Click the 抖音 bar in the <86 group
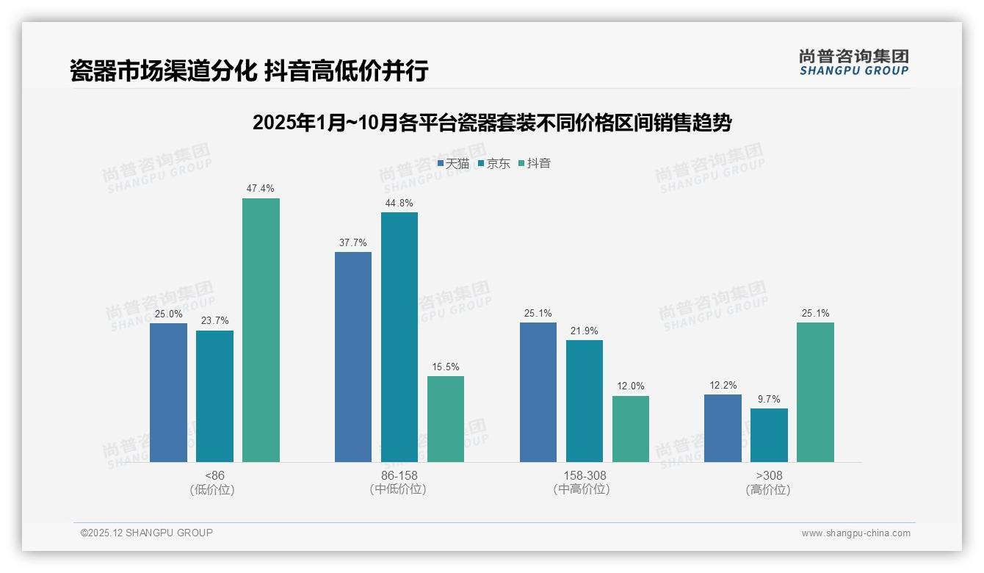click(x=261, y=330)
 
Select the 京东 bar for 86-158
click(x=399, y=337)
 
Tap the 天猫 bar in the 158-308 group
click(x=538, y=392)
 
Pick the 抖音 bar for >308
click(x=815, y=392)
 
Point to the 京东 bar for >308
click(x=769, y=435)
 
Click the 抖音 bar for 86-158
click(x=446, y=419)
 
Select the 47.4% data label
click(x=261, y=189)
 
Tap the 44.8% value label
click(x=399, y=203)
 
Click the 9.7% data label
click(x=769, y=400)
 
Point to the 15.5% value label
click(x=446, y=367)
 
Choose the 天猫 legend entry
click(x=453, y=164)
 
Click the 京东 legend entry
click(x=494, y=164)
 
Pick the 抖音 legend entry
click(x=535, y=164)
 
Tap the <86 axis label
click(x=215, y=475)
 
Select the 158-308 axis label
click(x=585, y=475)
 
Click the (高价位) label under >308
click(x=769, y=489)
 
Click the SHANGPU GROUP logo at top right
click(x=854, y=62)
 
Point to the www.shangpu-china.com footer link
click(x=855, y=533)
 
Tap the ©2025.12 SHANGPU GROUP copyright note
click(x=147, y=533)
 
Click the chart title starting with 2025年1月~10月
click(x=491, y=123)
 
